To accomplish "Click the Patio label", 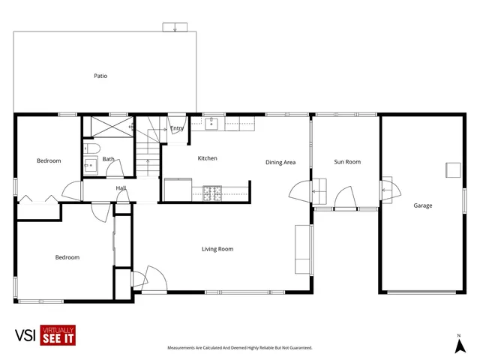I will [x=100, y=76].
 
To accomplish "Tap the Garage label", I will [x=422, y=205].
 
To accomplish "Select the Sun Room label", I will [x=347, y=162].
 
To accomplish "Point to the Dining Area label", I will [x=280, y=162].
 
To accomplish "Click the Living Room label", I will [x=217, y=249].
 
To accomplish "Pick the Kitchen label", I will [x=207, y=158].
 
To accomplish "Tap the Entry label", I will [x=177, y=128].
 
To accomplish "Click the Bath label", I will [x=109, y=159].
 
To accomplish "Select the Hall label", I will [x=121, y=188].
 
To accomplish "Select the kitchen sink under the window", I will [x=212, y=124].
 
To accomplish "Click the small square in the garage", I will [x=453, y=169].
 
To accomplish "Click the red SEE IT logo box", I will [x=58, y=336].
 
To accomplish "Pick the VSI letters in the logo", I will [x=26, y=336].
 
